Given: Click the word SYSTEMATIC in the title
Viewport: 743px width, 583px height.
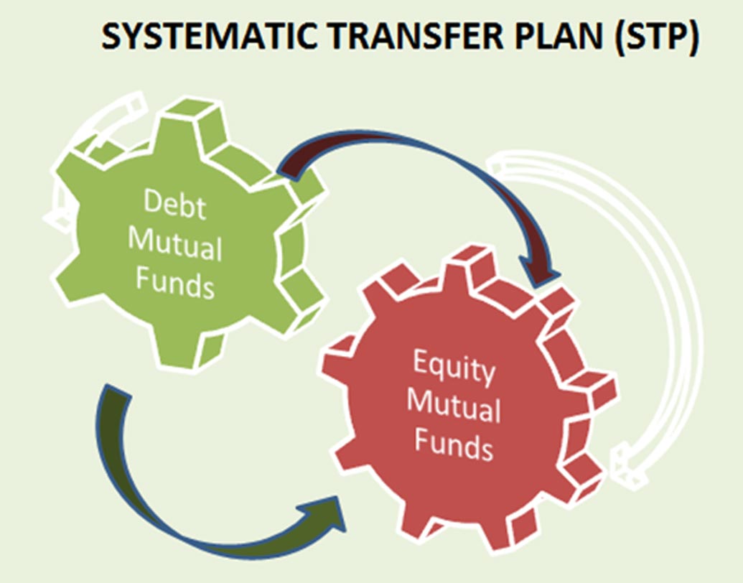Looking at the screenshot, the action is click(209, 37).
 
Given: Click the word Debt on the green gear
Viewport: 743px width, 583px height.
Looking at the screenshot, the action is click(175, 205).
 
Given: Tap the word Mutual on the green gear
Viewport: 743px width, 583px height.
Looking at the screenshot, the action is click(175, 244).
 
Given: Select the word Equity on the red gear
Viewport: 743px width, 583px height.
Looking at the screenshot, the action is click(454, 368).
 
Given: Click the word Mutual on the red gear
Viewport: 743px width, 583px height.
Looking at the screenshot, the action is click(454, 406).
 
